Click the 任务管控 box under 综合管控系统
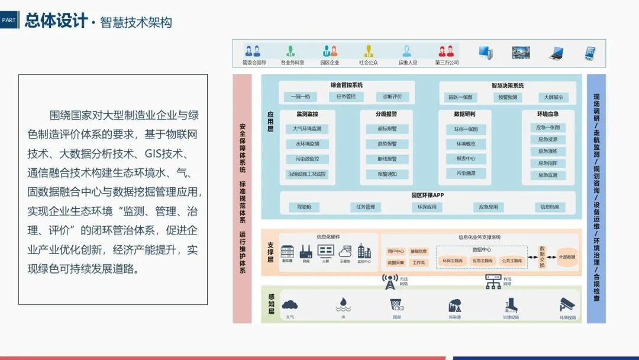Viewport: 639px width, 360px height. coord(346,97)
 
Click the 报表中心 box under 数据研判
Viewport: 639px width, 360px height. coord(466,159)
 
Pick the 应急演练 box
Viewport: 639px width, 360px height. coord(547,151)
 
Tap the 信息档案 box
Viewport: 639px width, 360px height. coord(549,207)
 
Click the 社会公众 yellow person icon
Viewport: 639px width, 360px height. coord(368,52)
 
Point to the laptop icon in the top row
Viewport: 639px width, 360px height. coord(556,53)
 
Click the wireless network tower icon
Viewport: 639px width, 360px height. coord(389,282)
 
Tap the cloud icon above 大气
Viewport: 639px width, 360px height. coord(290,305)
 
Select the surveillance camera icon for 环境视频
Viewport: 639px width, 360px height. coord(567,305)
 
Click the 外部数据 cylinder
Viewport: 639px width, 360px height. coord(566,257)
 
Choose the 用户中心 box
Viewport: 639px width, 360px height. coord(395,251)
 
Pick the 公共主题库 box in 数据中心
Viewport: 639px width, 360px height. coord(511,261)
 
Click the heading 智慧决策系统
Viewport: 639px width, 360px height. coord(507,85)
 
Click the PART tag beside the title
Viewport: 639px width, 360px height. coord(9,20)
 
